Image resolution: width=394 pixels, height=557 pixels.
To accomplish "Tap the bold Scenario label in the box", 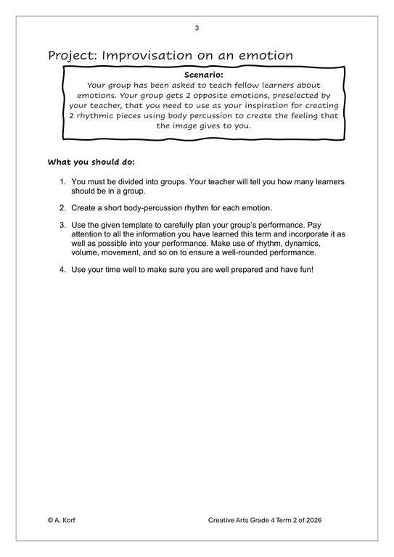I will click(202, 74).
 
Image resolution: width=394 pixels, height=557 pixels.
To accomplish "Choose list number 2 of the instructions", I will click(62, 207).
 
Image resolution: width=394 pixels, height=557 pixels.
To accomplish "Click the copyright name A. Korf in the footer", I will click(67, 520).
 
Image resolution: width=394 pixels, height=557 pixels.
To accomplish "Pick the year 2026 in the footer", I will click(333, 520).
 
